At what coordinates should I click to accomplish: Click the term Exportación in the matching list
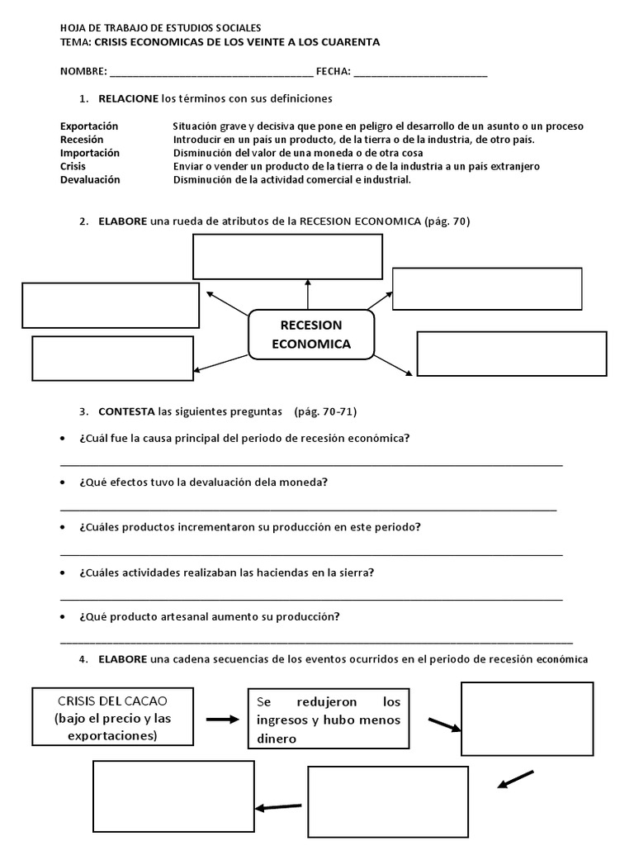pos(89,126)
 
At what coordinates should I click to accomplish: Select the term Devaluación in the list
pos(90,179)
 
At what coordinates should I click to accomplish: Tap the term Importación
pos(90,153)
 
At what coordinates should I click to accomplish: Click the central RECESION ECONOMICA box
pos(311,335)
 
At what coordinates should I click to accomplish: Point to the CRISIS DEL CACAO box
pos(113,715)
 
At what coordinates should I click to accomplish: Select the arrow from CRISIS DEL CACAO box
pos(222,720)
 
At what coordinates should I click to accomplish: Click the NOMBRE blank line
pos(211,74)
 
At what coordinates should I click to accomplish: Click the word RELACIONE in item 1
pos(128,99)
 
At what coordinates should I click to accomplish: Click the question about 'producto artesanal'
pos(210,616)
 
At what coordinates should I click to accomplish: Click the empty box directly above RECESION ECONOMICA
pos(287,257)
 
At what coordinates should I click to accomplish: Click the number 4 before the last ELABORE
pos(83,659)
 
